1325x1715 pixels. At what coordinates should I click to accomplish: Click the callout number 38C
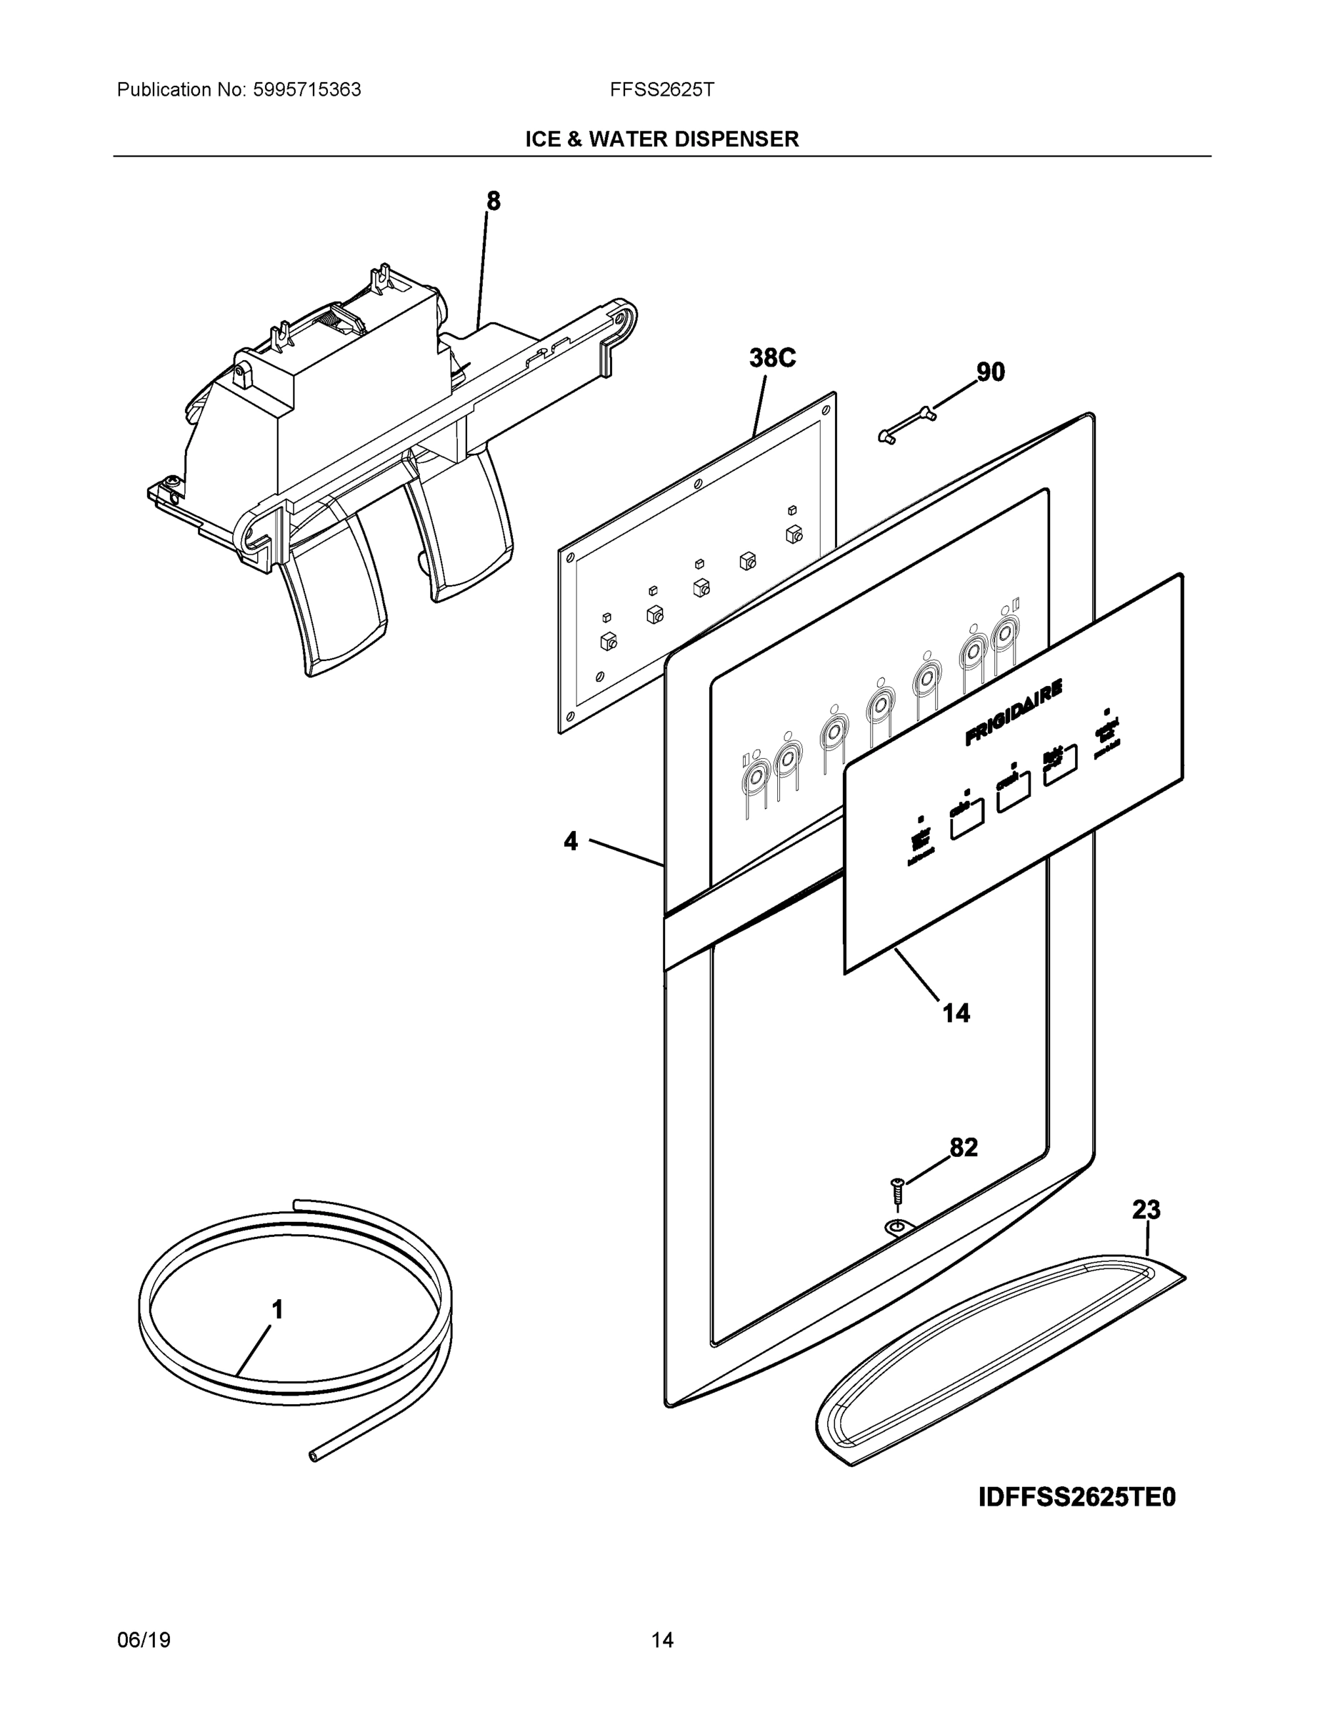tap(772, 358)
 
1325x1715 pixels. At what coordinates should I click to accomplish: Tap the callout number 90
tap(990, 372)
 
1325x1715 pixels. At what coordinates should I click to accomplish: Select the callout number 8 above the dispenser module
tap(493, 202)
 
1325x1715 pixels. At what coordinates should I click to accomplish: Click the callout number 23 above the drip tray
tap(1146, 1210)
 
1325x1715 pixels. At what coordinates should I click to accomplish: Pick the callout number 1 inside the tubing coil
tap(277, 1310)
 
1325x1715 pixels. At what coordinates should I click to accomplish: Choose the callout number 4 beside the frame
tap(571, 842)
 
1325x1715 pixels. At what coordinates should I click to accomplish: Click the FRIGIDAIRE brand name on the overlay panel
tap(1014, 712)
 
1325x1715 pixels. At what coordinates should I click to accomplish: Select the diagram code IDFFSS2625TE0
tap(1077, 1498)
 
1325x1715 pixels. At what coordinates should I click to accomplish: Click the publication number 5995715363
tap(306, 90)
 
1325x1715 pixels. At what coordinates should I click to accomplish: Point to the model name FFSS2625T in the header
tap(661, 90)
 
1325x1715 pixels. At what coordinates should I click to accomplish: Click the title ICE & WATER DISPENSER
tap(661, 140)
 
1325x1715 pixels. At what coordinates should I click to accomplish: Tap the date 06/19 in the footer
tap(144, 1641)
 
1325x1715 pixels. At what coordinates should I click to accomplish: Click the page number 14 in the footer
tap(661, 1641)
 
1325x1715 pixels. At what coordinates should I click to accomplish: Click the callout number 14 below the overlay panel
tap(956, 1014)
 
